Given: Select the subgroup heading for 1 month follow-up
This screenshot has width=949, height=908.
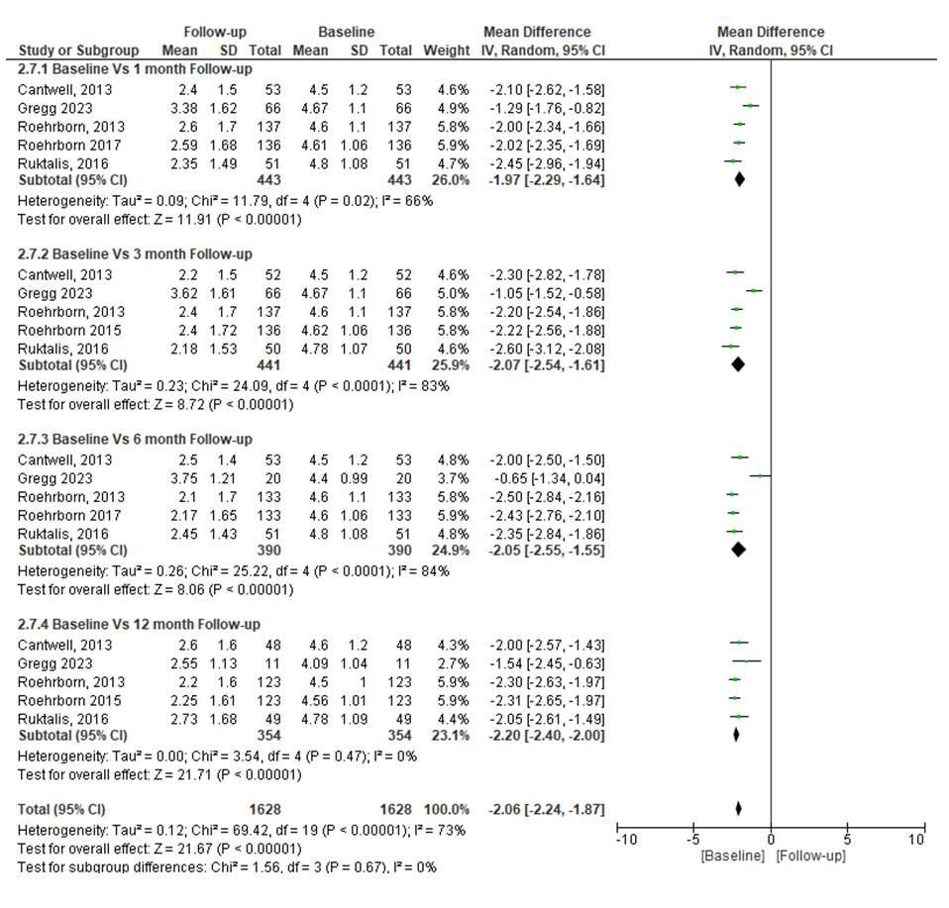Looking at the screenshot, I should click(x=135, y=69).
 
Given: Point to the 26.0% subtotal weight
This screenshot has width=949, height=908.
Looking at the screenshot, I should click(x=450, y=180).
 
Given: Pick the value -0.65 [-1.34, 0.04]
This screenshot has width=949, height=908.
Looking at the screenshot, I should click(x=548, y=478).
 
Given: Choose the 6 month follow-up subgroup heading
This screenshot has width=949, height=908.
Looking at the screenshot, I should click(x=135, y=440).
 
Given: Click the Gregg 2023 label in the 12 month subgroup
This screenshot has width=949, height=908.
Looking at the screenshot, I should click(x=54, y=663).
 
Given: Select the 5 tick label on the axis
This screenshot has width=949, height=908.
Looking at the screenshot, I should click(x=847, y=841).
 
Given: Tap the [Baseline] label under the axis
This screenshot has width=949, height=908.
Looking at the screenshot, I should click(x=732, y=856).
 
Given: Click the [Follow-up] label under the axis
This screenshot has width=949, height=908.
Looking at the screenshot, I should click(x=810, y=856).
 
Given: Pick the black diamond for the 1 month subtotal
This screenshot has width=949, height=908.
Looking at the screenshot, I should click(x=739, y=180).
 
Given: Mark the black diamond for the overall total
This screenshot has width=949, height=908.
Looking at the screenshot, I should click(x=739, y=809).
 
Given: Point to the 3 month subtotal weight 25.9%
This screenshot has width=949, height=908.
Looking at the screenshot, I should click(x=450, y=365).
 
